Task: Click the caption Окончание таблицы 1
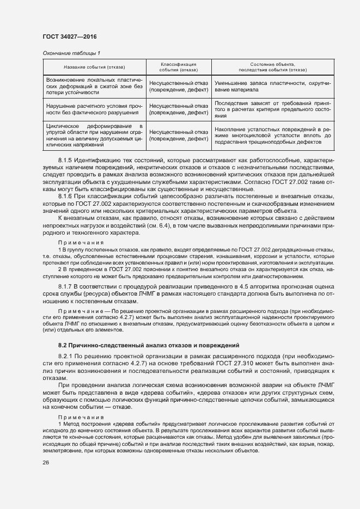(71, 53)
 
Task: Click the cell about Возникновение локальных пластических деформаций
(94, 86)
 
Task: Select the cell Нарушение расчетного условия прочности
(94, 109)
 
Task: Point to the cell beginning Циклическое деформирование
(94, 135)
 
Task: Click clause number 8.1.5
(65, 161)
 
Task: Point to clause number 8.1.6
(65, 195)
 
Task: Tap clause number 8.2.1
(65, 356)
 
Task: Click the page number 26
(46, 463)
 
